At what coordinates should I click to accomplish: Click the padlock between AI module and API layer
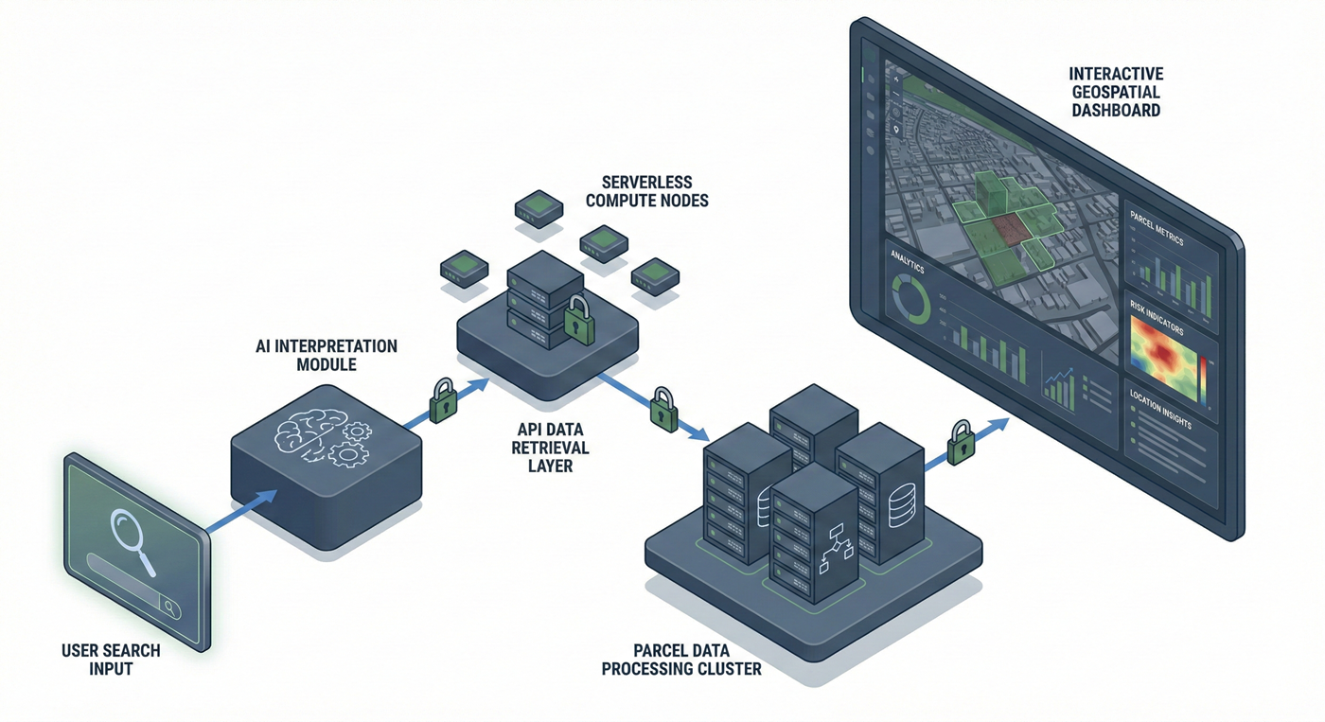(442, 401)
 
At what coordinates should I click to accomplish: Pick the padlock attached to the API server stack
(578, 322)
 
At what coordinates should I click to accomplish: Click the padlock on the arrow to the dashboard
(962, 442)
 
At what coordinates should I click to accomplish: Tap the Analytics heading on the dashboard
(907, 262)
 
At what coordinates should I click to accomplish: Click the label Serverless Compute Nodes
(646, 191)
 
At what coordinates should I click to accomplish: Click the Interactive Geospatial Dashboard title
(1115, 91)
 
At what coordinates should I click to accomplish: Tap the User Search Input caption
(111, 660)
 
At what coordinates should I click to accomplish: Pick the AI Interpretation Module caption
(327, 355)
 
